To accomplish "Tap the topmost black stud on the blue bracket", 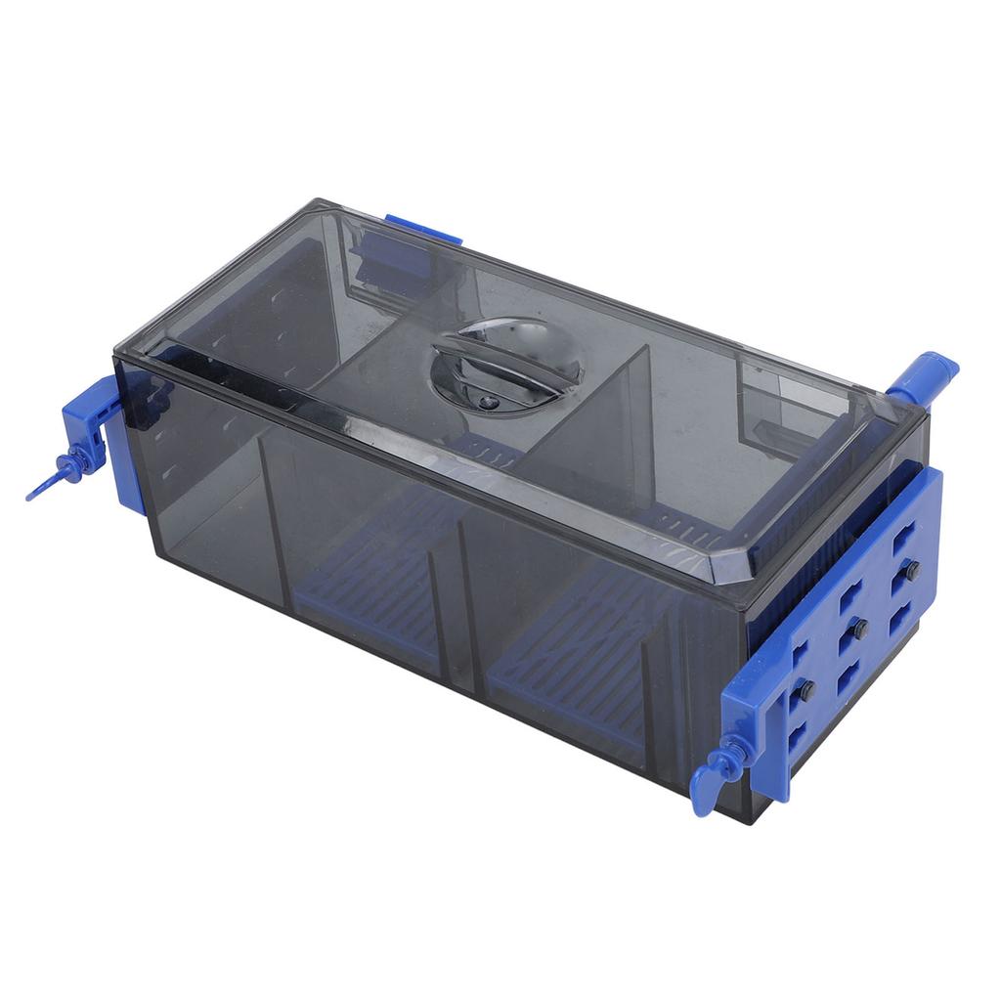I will coord(911,570).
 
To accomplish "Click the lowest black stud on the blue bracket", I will coord(806,690).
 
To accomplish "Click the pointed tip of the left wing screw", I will coord(31,496).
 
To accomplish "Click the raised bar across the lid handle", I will coord(506,363).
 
